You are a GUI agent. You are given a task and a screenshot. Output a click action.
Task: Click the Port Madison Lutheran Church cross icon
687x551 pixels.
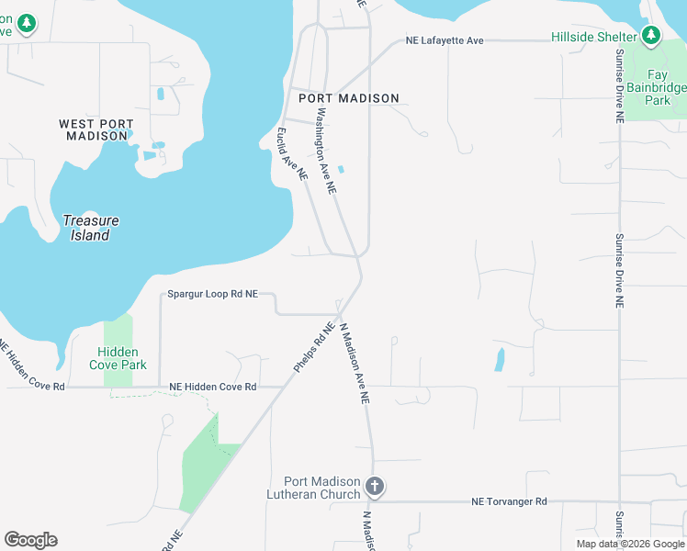pyautogui.click(x=374, y=485)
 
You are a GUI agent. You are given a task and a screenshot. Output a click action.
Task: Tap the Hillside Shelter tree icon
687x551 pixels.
pyautogui.click(x=651, y=36)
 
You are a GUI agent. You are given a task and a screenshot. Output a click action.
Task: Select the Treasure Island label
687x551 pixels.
pyautogui.click(x=91, y=228)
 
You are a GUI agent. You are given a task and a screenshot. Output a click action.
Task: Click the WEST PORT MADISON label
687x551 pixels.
pyautogui.click(x=96, y=129)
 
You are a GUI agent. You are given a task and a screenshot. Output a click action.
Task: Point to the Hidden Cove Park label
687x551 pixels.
pyautogui.click(x=118, y=358)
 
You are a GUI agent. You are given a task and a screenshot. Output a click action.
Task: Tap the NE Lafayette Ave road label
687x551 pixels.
pyautogui.click(x=445, y=41)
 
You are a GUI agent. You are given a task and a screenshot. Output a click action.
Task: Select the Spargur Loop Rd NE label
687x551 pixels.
pyautogui.click(x=212, y=295)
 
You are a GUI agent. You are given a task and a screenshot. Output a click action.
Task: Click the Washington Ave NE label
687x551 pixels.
pyautogui.click(x=326, y=152)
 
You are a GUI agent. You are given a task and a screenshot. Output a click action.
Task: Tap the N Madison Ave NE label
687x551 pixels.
pyautogui.click(x=355, y=364)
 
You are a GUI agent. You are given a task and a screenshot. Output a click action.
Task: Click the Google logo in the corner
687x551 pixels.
pyautogui.click(x=31, y=540)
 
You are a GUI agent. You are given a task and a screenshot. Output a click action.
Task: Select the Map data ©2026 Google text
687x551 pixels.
pyautogui.click(x=630, y=544)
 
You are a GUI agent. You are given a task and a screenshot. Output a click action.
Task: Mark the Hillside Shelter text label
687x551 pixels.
pyautogui.click(x=593, y=37)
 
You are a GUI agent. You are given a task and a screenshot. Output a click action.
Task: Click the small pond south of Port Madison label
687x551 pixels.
pyautogui.click(x=341, y=169)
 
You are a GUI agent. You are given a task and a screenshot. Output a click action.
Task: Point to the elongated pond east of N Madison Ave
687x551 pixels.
pyautogui.click(x=500, y=358)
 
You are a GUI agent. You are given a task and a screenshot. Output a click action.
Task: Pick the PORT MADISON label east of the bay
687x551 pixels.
pyautogui.click(x=349, y=98)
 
